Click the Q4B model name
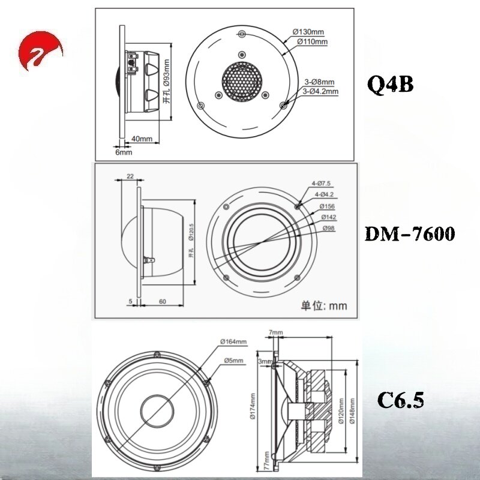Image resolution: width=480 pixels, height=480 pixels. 391,85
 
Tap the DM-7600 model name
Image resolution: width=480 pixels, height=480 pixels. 410,235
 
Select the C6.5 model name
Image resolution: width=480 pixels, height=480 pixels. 401,400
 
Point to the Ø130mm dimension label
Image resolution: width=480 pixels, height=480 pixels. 308,32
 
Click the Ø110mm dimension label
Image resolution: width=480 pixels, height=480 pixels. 312,41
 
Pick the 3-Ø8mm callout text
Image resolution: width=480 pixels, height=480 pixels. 319,82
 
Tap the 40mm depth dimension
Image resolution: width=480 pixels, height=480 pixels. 142,139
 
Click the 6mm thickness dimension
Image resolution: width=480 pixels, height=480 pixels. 124,152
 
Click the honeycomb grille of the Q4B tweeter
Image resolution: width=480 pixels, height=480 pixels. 242,82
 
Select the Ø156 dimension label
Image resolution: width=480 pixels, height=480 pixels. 327,206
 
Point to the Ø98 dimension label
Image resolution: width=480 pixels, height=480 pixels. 328,228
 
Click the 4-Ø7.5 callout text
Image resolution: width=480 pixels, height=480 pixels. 321,184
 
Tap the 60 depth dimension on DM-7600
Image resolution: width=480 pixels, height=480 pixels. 163,302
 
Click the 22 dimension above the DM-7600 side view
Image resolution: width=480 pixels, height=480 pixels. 130,176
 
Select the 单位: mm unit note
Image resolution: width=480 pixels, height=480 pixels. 324,306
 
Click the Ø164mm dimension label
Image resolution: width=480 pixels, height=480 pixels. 233,341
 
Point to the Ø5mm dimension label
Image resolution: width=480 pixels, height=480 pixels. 233,361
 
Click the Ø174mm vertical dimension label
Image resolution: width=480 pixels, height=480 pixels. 253,406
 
